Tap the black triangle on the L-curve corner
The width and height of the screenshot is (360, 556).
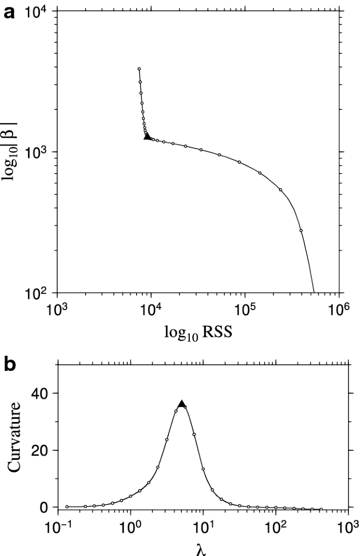147,136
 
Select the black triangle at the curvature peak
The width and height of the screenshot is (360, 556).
182,404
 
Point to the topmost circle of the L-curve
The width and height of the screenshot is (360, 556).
139,69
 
